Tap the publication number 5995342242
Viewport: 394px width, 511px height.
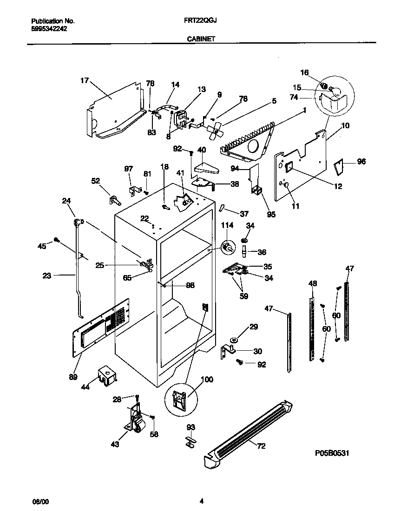click(x=49, y=28)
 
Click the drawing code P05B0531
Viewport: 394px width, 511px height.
click(x=332, y=452)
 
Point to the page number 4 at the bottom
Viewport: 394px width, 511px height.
click(x=201, y=501)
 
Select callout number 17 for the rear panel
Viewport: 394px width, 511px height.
click(x=84, y=80)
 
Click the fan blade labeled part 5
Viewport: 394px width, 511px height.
click(x=214, y=131)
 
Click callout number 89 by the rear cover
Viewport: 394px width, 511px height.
click(x=73, y=378)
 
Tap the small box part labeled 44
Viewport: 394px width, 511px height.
click(x=106, y=375)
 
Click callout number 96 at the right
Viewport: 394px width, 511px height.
click(x=361, y=162)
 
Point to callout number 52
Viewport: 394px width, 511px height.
click(x=96, y=182)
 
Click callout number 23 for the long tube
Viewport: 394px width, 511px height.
click(x=46, y=275)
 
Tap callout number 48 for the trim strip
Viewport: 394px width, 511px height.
click(x=313, y=283)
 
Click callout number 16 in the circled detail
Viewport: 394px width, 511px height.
click(x=304, y=72)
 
